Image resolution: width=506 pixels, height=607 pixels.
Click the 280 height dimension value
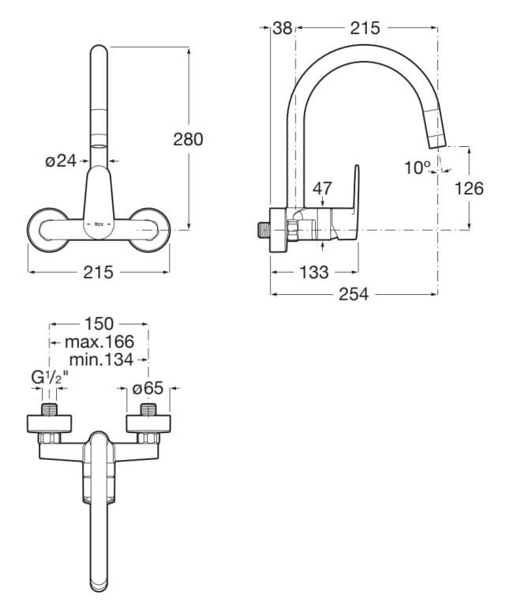[x=189, y=139]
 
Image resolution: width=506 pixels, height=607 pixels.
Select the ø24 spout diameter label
[x=61, y=161]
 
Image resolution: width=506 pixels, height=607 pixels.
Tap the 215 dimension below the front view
[x=99, y=272]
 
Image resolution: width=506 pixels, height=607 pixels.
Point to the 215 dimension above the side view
[x=365, y=28]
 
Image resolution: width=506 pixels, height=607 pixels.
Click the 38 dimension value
[x=282, y=28]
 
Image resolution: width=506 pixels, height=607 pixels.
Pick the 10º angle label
[x=418, y=168]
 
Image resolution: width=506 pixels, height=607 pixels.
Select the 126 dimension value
[x=470, y=188]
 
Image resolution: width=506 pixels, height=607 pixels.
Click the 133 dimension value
[x=314, y=273]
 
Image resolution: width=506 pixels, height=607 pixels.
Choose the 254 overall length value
[x=354, y=294]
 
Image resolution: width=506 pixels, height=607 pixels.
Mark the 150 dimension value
[x=99, y=324]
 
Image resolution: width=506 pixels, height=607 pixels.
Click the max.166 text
[x=99, y=341]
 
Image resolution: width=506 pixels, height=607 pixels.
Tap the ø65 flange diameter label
[x=148, y=389]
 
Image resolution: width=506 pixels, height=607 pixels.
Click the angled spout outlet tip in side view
[x=437, y=140]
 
